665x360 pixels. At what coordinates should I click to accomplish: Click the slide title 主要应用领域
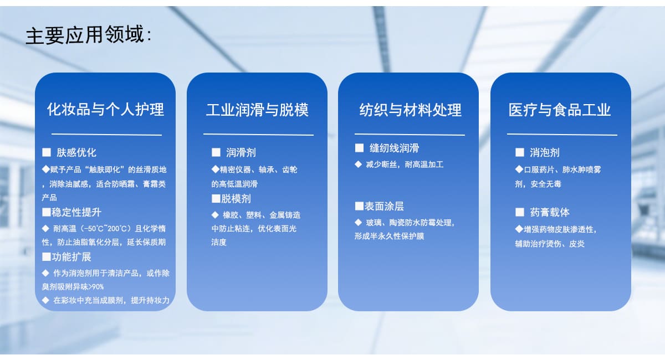pyautogui.click(x=85, y=35)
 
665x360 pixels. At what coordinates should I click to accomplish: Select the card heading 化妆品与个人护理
pyautogui.click(x=105, y=110)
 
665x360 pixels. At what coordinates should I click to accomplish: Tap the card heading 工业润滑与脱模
pyautogui.click(x=257, y=110)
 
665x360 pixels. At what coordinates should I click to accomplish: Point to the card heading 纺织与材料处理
pyautogui.click(x=410, y=110)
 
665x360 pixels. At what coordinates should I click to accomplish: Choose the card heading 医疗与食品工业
pyautogui.click(x=560, y=110)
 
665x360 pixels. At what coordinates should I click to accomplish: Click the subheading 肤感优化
pyautogui.click(x=76, y=152)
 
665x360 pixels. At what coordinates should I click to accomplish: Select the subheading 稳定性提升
pyautogui.click(x=76, y=212)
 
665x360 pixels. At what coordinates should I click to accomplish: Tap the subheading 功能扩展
pyautogui.click(x=71, y=257)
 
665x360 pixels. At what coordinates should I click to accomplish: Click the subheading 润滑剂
pyautogui.click(x=241, y=152)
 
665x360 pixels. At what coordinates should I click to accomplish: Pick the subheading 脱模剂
pyautogui.click(x=236, y=198)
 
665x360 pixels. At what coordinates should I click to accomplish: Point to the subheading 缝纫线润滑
pyautogui.click(x=394, y=148)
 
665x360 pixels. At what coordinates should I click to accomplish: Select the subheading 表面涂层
pyautogui.click(x=384, y=206)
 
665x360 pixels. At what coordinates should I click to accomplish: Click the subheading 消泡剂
pyautogui.click(x=545, y=152)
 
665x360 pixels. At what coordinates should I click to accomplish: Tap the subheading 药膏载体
pyautogui.click(x=550, y=212)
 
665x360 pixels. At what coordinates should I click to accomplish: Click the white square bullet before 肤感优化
pyautogui.click(x=47, y=152)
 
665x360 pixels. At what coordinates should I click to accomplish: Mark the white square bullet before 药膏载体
pyautogui.click(x=520, y=212)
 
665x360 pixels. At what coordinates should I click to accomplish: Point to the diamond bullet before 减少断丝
pyautogui.click(x=359, y=164)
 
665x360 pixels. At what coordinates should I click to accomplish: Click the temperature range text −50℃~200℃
pyautogui.click(x=106, y=229)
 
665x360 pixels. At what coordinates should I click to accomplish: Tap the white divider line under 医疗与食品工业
pyautogui.click(x=562, y=135)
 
